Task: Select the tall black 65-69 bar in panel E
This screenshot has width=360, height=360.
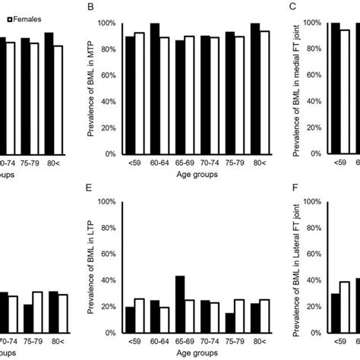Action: (x=179, y=304)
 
